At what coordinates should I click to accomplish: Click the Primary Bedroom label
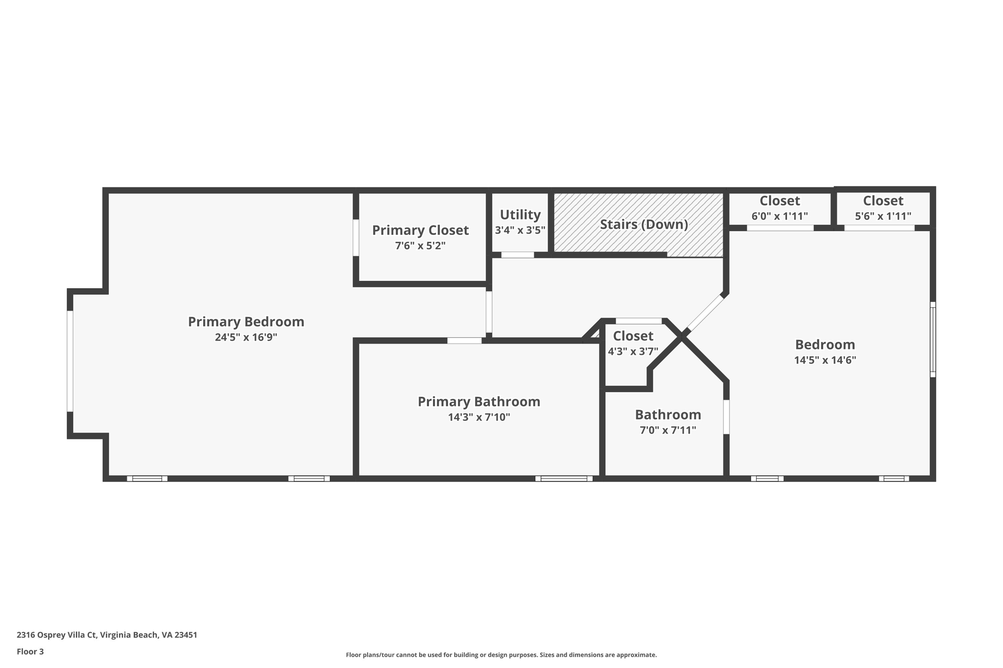tap(246, 322)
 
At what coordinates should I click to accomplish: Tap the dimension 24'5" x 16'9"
tap(246, 337)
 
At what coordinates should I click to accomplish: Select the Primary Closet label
tap(420, 230)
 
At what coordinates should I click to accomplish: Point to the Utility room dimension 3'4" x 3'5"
tap(520, 230)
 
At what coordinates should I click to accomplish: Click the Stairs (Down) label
tap(644, 224)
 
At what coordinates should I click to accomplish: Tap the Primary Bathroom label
tap(479, 401)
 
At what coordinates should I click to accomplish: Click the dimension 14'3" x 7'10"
tap(479, 417)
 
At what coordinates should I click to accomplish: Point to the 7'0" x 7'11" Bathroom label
tap(668, 415)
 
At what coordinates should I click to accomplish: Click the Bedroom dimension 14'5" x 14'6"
tap(825, 360)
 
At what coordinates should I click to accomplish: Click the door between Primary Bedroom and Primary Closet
tap(356, 237)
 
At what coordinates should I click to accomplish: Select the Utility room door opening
tap(518, 255)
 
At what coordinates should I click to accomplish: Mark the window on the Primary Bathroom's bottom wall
tap(564, 479)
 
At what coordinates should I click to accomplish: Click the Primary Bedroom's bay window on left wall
tap(70, 361)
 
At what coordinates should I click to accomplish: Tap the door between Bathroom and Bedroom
tap(726, 417)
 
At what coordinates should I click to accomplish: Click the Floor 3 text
tap(30, 651)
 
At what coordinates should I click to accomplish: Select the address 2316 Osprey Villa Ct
tap(56, 635)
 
